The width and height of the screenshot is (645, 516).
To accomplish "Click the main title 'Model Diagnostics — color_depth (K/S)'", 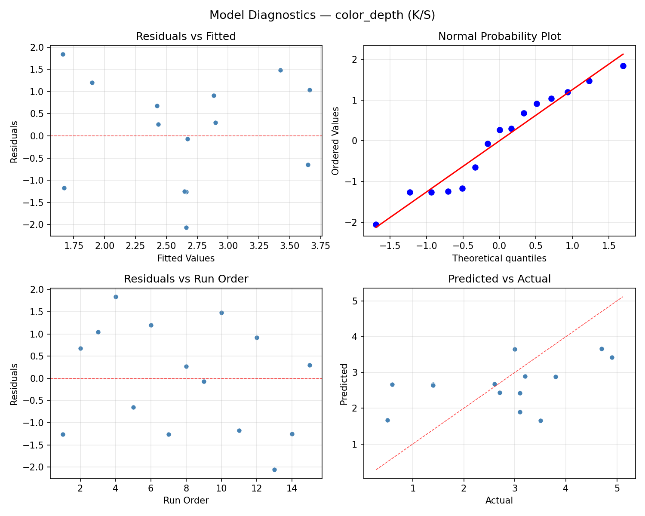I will [322, 15].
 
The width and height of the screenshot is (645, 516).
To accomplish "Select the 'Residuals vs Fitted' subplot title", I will [186, 37].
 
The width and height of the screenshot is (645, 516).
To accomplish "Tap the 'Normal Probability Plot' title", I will [499, 37].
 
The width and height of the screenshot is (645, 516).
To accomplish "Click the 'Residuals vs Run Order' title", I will [186, 279].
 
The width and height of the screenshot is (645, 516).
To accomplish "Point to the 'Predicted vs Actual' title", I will [499, 279].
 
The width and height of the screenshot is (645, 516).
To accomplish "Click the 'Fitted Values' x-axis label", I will [186, 258].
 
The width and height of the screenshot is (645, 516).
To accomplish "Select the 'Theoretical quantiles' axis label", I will [499, 258].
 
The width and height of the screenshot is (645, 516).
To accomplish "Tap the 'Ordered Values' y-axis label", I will [335, 141].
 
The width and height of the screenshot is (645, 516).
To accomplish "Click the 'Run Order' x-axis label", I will [186, 501].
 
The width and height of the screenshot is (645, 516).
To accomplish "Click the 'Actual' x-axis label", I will [499, 501].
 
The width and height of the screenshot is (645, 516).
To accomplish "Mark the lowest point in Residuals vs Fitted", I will [186, 227].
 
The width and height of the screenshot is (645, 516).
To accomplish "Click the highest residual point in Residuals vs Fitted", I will [63, 54].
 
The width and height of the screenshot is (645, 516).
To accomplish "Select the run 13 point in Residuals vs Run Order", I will [274, 470].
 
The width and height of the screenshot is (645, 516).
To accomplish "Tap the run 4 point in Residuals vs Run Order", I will [116, 297].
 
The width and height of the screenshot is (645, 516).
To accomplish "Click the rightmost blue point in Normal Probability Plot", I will [623, 66].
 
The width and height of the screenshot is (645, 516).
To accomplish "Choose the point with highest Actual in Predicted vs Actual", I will [612, 357].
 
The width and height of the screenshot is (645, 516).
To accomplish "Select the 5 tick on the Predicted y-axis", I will [357, 301].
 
